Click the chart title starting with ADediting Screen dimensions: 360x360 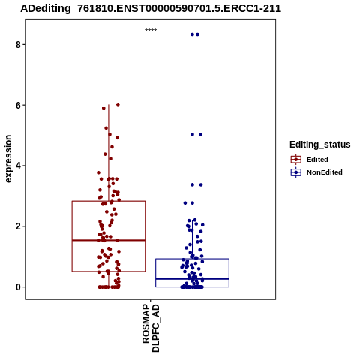(151, 8)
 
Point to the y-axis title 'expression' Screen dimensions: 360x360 (8, 159)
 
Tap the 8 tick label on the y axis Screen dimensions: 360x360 (18, 45)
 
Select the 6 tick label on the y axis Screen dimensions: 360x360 (18, 105)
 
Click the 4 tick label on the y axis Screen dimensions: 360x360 (18, 166)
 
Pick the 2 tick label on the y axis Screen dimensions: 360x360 (18, 226)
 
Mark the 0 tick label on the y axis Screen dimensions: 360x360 (18, 287)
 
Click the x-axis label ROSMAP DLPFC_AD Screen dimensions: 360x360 (151, 328)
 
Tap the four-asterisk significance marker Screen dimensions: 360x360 (151, 31)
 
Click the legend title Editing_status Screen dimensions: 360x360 (320, 145)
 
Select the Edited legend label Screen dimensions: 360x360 (317, 160)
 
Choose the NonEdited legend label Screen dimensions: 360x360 (325, 172)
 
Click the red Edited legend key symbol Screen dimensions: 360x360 (296, 160)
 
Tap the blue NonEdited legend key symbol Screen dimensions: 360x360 (296, 172)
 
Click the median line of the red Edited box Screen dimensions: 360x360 (109, 240)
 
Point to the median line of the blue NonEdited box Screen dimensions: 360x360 (193, 279)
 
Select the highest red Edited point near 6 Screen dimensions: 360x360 (118, 104)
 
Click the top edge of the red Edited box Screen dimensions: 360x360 (109, 201)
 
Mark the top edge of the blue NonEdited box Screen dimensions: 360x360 (193, 259)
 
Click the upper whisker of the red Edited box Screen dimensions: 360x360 (109, 153)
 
